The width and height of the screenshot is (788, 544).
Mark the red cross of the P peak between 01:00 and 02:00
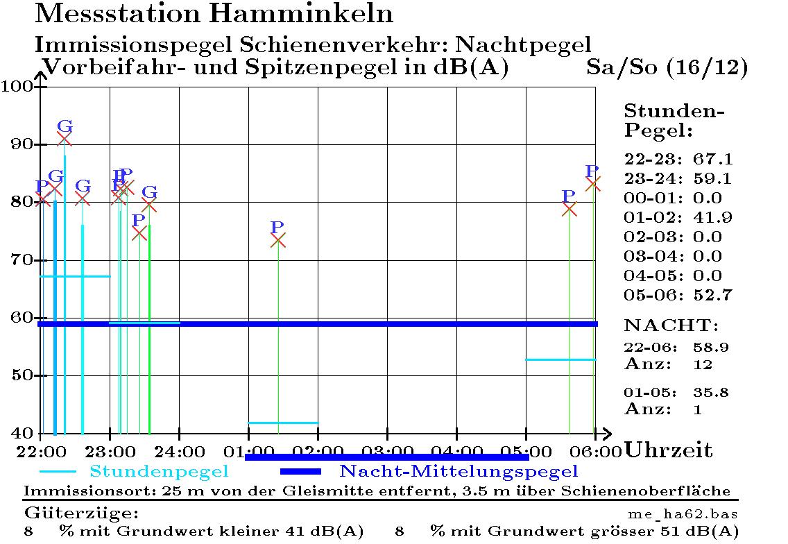277,240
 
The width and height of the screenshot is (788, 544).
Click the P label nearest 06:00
592,171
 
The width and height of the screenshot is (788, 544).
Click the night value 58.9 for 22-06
710,347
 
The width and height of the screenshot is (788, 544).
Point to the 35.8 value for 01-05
710,393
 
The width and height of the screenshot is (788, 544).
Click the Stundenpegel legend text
159,472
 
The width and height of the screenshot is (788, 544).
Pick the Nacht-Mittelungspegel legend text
458,472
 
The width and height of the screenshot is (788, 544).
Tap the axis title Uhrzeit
669,450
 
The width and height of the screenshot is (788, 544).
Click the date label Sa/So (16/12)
667,68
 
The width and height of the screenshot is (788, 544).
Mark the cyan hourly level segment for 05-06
560,359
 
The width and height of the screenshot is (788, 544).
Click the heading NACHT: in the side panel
671,325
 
